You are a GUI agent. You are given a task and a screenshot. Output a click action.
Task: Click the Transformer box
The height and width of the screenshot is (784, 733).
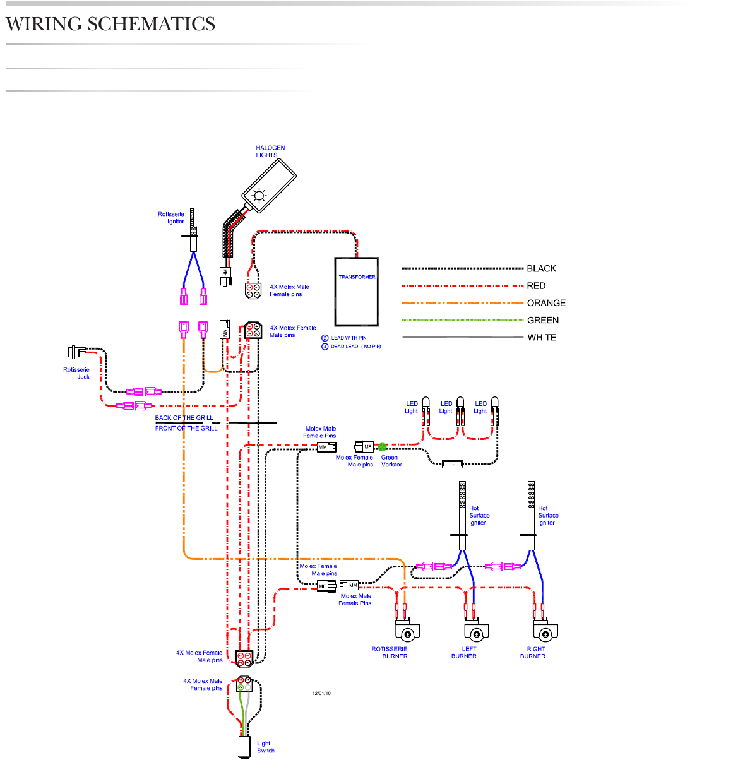pyautogui.click(x=357, y=291)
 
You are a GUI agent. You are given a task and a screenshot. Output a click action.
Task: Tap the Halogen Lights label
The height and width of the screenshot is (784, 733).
pyautogui.click(x=270, y=151)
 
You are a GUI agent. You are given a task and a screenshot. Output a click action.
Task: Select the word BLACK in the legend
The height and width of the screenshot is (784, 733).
pyautogui.click(x=541, y=268)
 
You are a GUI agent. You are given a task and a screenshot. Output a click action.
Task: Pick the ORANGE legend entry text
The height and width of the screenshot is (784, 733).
pyautogui.click(x=546, y=303)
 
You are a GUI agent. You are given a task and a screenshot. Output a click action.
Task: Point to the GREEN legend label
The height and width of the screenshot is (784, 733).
pyautogui.click(x=543, y=320)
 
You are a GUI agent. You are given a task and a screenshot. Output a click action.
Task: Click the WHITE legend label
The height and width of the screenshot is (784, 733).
pyautogui.click(x=542, y=337)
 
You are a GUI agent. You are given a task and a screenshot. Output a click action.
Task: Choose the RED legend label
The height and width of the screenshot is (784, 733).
pyautogui.click(x=536, y=285)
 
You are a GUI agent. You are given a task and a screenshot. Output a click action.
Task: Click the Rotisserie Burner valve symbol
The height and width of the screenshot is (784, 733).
pyautogui.click(x=407, y=631)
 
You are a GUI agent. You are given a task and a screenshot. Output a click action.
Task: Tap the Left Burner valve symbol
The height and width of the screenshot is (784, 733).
pyautogui.click(x=476, y=631)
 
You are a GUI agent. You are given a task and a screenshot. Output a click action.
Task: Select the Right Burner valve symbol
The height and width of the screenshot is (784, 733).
pyautogui.click(x=545, y=631)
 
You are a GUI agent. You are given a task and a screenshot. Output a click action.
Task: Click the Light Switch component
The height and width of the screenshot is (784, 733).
pyautogui.click(x=244, y=746)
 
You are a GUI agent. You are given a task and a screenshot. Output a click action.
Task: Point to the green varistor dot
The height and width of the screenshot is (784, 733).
pyautogui.click(x=383, y=447)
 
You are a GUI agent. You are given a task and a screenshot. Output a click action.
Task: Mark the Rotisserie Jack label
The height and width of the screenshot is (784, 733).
pyautogui.click(x=76, y=373)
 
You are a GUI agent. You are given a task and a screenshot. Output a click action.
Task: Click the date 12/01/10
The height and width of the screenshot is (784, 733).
pyautogui.click(x=321, y=693)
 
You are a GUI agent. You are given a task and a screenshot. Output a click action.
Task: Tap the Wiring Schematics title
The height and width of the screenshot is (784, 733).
pyautogui.click(x=110, y=24)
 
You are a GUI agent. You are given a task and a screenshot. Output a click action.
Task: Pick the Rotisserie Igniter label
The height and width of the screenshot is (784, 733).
pyautogui.click(x=171, y=218)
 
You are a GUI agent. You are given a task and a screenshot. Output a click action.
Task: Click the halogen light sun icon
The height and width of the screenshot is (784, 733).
pyautogui.click(x=259, y=195)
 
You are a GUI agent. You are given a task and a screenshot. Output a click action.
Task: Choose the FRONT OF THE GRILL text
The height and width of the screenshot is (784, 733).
pyautogui.click(x=186, y=428)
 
